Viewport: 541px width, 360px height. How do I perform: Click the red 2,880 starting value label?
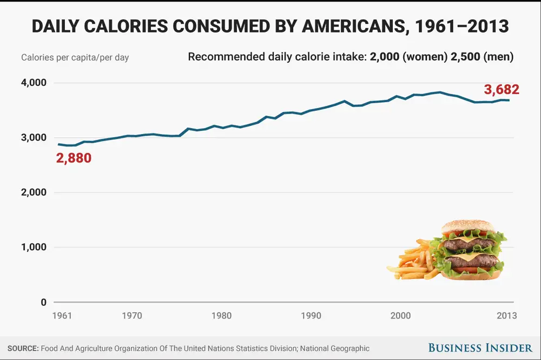pos(74,159)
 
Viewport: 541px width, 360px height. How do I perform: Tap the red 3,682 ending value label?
pos(501,90)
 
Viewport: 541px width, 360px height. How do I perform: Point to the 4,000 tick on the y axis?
pos(35,83)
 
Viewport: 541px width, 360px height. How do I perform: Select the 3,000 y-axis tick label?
pos(35,138)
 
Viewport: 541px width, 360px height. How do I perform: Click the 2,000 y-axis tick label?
pos(35,192)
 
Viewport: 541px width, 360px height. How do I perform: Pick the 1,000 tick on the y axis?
pos(35,248)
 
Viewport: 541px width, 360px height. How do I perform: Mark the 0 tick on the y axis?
pos(44,302)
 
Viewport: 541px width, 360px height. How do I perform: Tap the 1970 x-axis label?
pos(133,316)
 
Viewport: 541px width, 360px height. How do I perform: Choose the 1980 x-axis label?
pos(222,316)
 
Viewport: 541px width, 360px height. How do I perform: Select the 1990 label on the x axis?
pos(311,316)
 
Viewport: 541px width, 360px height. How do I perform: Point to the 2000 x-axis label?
pos(400,316)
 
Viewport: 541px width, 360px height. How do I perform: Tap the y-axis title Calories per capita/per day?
pos(75,57)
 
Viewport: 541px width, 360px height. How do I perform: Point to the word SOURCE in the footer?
pos(23,349)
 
